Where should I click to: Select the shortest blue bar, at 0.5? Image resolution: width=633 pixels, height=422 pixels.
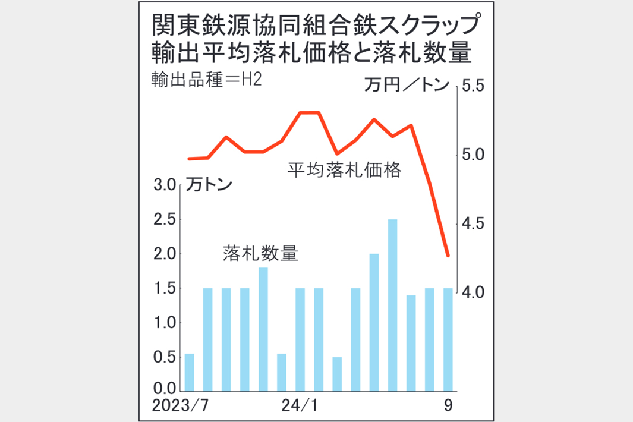point(337,374)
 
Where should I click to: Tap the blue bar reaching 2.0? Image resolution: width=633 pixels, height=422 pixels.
point(374,322)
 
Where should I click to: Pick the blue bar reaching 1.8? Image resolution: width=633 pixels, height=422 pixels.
point(263,329)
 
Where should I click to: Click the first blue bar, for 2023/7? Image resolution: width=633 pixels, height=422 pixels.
point(190,372)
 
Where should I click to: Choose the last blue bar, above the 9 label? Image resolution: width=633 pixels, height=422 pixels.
point(448,339)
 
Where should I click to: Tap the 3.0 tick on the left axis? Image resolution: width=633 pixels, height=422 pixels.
point(164,185)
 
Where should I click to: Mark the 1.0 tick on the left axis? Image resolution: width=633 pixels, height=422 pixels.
point(164,323)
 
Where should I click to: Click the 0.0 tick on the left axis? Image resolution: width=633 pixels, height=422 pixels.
point(164,390)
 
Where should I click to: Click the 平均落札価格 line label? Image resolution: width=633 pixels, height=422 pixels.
point(345,171)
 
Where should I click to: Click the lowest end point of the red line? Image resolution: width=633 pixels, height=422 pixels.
point(448,256)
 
